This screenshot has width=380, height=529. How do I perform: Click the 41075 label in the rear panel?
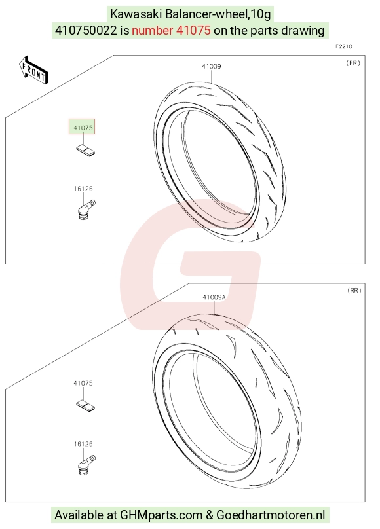tap(83, 383)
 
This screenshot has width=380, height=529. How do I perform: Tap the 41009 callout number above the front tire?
tap(212, 67)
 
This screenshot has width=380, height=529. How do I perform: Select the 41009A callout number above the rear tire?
tap(214, 297)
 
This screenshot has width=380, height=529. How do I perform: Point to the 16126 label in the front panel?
tap(83, 189)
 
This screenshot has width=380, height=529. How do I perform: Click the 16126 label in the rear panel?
tap(83, 444)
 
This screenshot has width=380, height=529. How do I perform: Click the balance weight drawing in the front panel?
tap(85, 150)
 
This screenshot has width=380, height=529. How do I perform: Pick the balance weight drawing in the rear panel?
tap(85, 405)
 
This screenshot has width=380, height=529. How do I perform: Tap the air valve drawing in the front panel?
tap(86, 210)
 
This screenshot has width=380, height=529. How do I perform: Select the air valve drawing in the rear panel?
tap(86, 465)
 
